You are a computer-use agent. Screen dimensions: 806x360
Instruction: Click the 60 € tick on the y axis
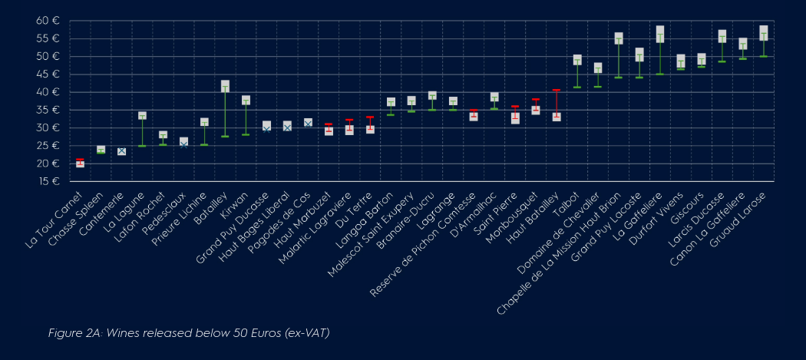click(48, 21)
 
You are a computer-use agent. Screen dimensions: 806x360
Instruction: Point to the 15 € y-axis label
click(48, 182)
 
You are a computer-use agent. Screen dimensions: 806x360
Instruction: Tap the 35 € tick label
click(48, 110)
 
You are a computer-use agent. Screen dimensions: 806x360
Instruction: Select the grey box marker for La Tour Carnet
click(80, 163)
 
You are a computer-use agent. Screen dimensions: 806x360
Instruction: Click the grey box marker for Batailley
click(225, 87)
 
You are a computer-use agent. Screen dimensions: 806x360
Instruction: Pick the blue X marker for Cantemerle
click(121, 151)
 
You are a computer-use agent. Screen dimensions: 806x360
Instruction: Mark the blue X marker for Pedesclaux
click(183, 144)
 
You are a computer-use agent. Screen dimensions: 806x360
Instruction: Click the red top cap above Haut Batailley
click(557, 90)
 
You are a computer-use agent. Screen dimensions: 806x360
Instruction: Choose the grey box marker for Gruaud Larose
click(763, 33)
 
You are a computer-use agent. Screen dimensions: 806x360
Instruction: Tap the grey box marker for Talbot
click(577, 60)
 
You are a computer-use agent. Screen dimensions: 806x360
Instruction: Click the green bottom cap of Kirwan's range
click(246, 135)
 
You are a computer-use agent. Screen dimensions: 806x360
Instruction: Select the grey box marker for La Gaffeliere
click(660, 34)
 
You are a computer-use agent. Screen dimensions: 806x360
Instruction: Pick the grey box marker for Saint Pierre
click(515, 118)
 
